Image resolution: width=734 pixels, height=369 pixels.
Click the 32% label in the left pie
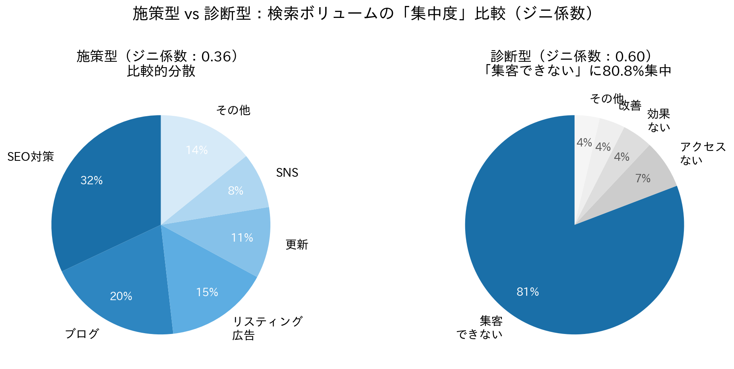91,180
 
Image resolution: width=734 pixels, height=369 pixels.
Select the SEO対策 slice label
31,156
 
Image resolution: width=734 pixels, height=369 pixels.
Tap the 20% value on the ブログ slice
121,296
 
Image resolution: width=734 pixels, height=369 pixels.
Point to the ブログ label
82,334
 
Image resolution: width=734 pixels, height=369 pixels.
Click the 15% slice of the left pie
207,292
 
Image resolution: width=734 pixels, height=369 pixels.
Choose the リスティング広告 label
267,328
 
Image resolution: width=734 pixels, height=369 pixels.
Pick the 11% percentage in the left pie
242,238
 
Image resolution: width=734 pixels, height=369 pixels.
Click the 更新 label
297,244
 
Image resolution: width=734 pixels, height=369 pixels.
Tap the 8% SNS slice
235,191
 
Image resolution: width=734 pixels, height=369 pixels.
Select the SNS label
287,172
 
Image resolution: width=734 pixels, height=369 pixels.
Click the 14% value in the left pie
197,150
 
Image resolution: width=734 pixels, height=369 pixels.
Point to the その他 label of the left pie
233,110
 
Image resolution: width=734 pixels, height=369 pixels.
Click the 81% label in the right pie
528,292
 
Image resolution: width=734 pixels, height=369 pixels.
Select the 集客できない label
480,327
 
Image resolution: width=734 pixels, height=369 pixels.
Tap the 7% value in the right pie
643,178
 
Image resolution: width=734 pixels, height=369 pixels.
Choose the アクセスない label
703,153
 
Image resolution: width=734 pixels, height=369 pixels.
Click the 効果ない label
658,120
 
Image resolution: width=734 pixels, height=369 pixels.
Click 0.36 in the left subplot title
216,57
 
